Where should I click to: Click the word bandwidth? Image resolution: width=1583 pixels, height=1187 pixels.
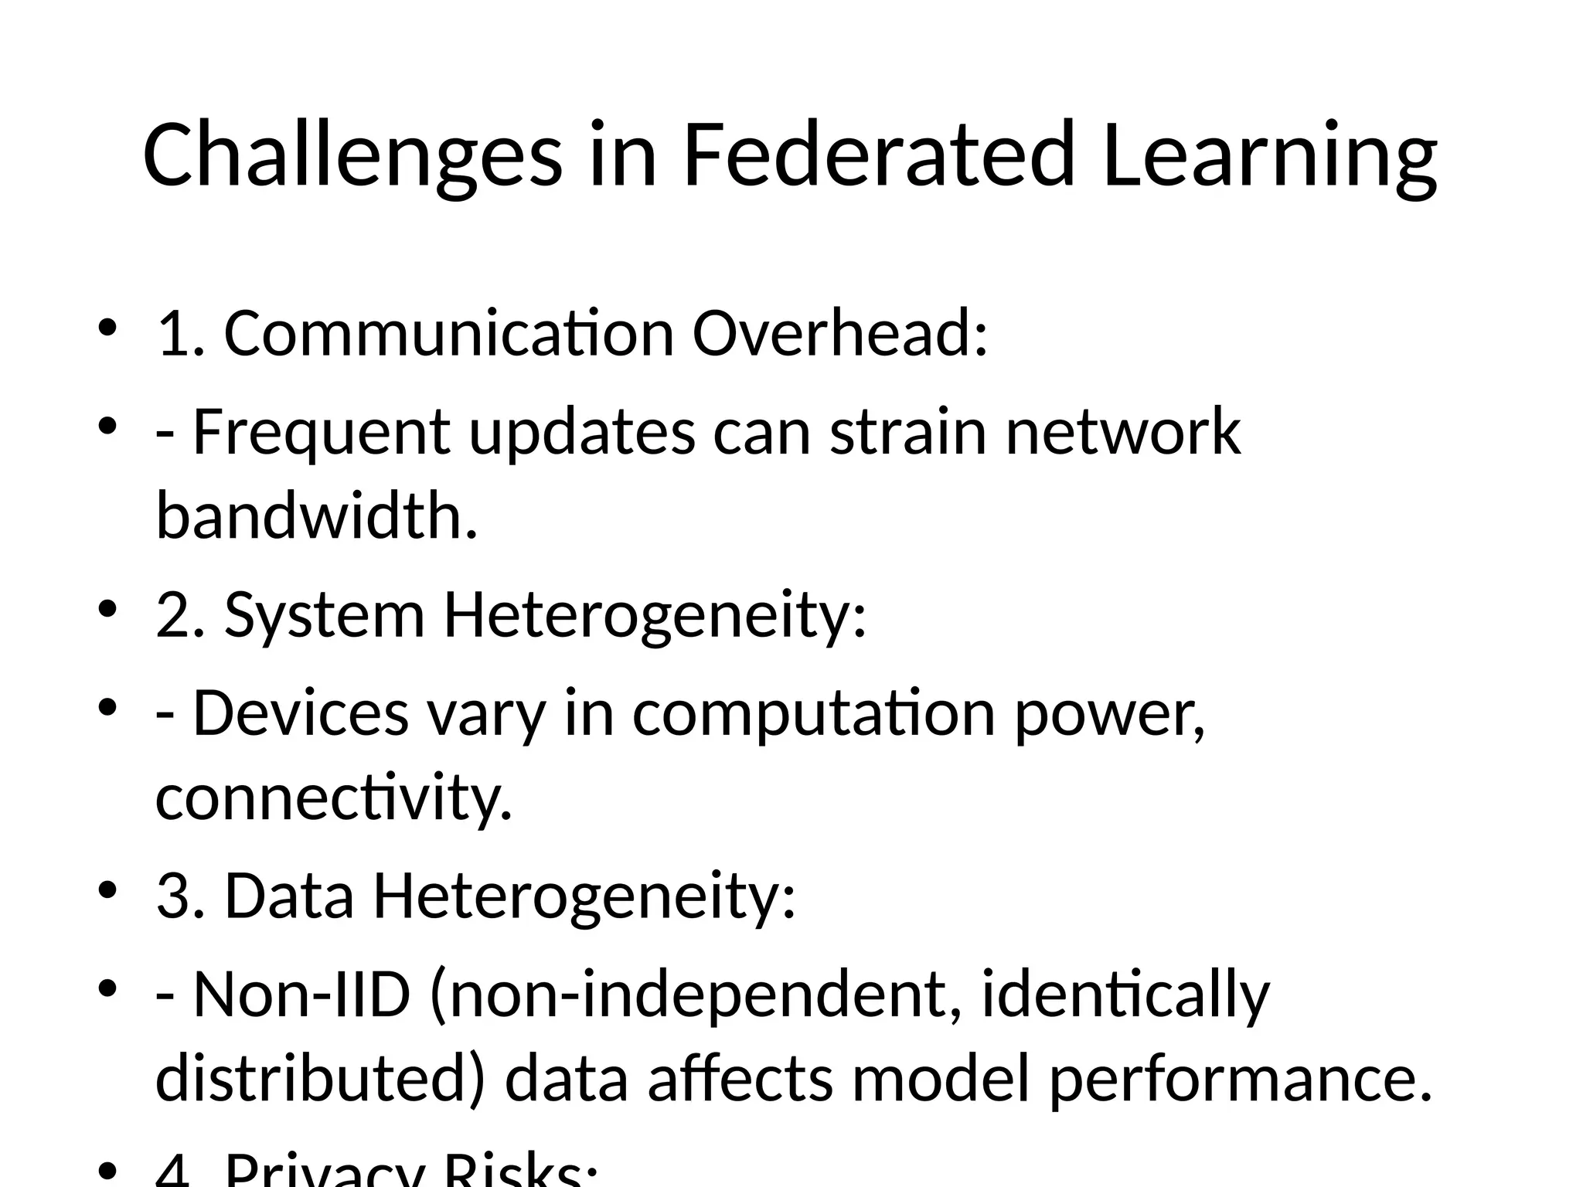pos(316,515)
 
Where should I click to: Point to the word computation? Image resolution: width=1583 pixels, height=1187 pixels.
pos(814,713)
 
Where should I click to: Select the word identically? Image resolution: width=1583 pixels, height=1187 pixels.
pos(1125,995)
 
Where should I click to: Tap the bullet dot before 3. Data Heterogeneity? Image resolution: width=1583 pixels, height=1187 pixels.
pos(107,890)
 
